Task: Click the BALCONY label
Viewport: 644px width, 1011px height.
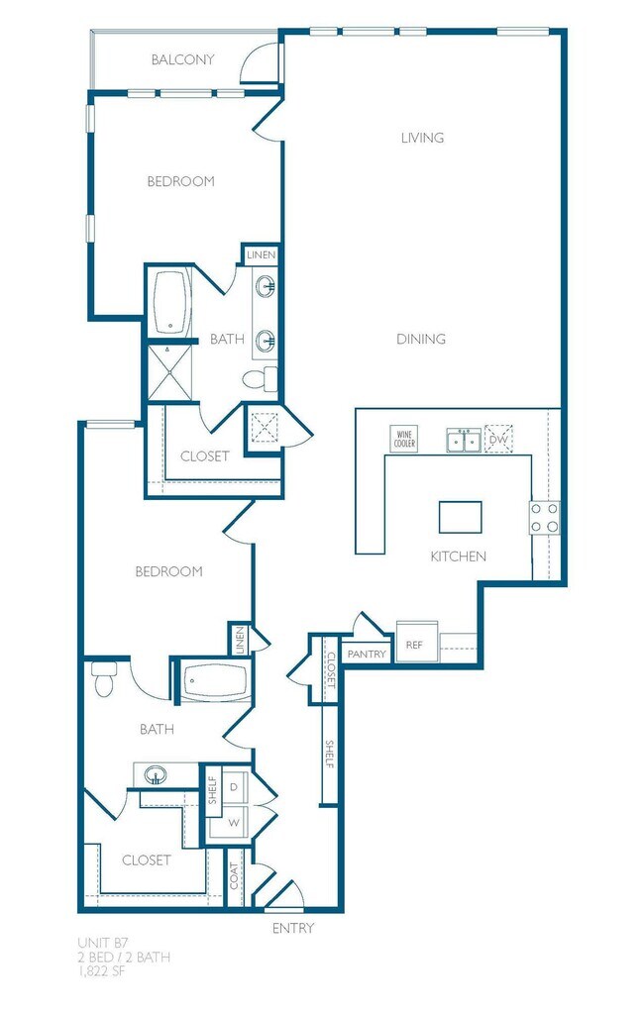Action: (183, 60)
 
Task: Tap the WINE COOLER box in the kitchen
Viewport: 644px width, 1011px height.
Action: (404, 439)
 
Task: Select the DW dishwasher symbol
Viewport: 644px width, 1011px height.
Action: (498, 439)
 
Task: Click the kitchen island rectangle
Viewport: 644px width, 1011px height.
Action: (461, 517)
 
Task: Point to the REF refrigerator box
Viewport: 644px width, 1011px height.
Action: (415, 645)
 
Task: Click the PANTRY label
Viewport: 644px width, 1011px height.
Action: (368, 655)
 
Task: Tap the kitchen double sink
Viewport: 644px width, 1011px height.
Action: (464, 440)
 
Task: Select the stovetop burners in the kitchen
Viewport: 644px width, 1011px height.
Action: (545, 517)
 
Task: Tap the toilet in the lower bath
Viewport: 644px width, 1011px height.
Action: (103, 679)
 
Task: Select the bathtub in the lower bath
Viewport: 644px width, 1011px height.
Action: (215, 681)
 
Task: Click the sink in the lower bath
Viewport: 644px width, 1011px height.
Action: (156, 774)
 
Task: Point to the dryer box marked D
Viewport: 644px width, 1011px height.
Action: (235, 786)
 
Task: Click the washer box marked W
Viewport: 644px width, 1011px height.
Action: (235, 823)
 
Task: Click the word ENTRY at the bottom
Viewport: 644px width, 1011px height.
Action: (293, 928)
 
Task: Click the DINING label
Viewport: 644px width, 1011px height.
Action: (421, 339)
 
